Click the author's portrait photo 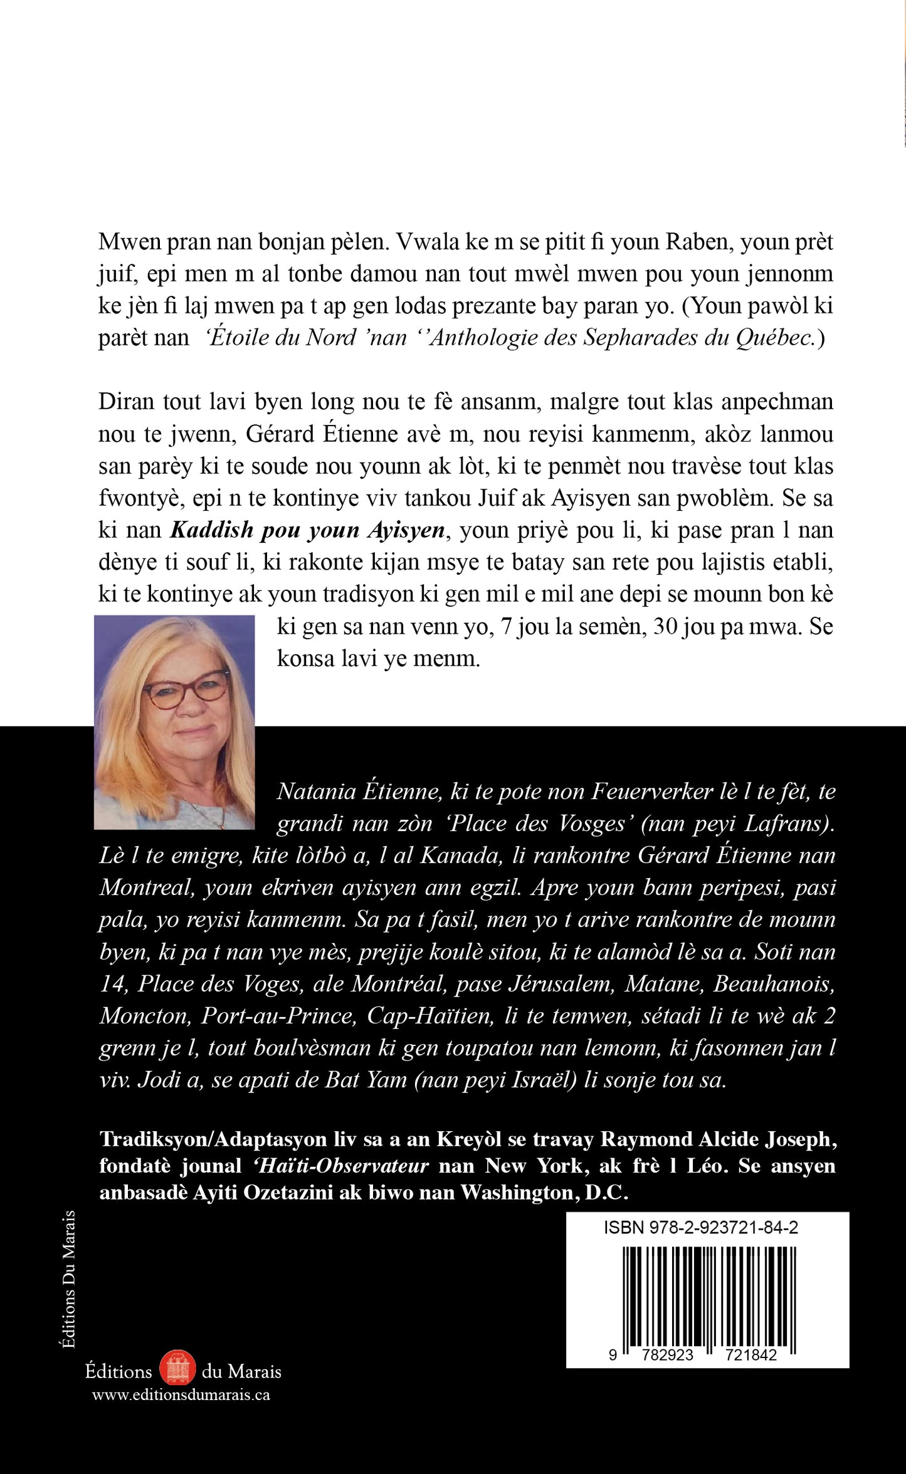pos(174,722)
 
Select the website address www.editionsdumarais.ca pos(181,1394)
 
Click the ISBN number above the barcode pos(701,1228)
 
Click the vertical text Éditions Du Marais pos(69,1278)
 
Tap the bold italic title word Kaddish pos(212,530)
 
